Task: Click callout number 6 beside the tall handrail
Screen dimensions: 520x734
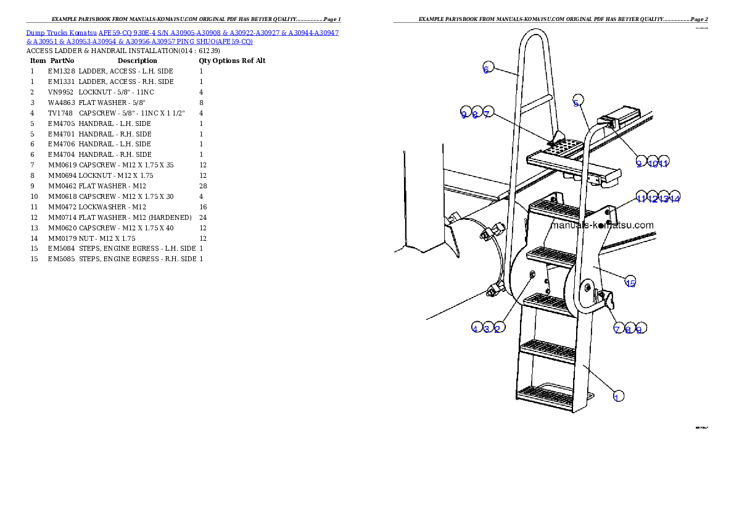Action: (x=486, y=69)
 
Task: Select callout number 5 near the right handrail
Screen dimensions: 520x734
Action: (x=577, y=103)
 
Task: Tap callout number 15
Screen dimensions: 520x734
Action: (x=630, y=283)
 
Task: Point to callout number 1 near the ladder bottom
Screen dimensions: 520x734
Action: (x=617, y=396)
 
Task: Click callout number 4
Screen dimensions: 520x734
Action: (x=476, y=329)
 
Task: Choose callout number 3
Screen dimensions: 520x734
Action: (x=487, y=329)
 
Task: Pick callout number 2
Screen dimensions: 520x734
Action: (x=498, y=329)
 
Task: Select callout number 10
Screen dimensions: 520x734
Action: (x=652, y=163)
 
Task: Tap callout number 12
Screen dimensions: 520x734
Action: (x=653, y=198)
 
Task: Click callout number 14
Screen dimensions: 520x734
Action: (x=675, y=198)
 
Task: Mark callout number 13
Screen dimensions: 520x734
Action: (x=664, y=198)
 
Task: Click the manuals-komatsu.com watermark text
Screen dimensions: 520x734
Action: (x=601, y=225)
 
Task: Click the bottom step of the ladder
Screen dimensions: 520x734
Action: (x=545, y=393)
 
